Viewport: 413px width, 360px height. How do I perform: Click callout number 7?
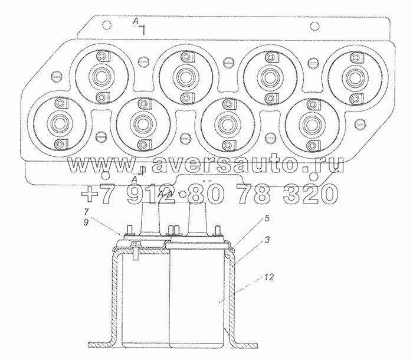(86, 211)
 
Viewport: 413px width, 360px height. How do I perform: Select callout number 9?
(86, 222)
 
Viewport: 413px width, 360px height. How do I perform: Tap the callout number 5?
(267, 218)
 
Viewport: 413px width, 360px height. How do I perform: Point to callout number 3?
(267, 240)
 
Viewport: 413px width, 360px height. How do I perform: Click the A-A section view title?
(165, 195)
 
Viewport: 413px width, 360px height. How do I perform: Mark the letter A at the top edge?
(135, 22)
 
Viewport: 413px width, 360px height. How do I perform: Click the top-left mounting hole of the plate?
(107, 25)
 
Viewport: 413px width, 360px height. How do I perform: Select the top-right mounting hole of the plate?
(314, 27)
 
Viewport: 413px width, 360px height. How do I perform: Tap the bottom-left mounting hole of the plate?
(105, 175)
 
